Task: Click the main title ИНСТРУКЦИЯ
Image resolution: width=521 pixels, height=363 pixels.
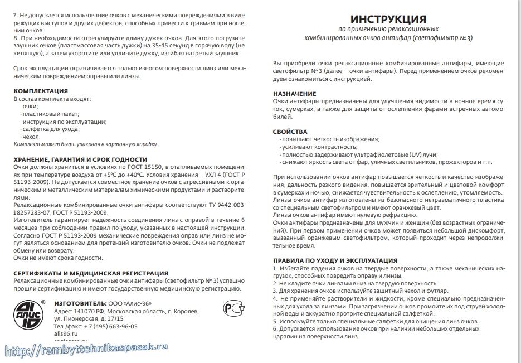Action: pos(389,19)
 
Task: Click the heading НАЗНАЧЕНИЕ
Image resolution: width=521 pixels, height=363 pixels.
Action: pos(294,94)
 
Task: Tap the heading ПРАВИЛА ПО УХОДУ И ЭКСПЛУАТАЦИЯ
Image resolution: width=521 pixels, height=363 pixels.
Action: pos(334,260)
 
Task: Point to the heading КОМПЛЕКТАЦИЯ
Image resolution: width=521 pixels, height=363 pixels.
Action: pos(41,91)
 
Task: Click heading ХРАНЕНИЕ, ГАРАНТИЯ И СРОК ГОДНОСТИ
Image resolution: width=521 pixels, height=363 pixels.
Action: pos(80,159)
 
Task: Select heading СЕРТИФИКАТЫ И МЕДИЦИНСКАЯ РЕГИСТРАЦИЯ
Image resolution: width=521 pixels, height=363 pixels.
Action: pos(90,273)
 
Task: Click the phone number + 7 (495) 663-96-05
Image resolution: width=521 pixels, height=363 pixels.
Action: pos(106,326)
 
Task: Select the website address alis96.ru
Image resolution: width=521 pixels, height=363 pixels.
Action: pos(66,333)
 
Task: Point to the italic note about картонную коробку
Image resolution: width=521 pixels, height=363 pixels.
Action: pos(85,144)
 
